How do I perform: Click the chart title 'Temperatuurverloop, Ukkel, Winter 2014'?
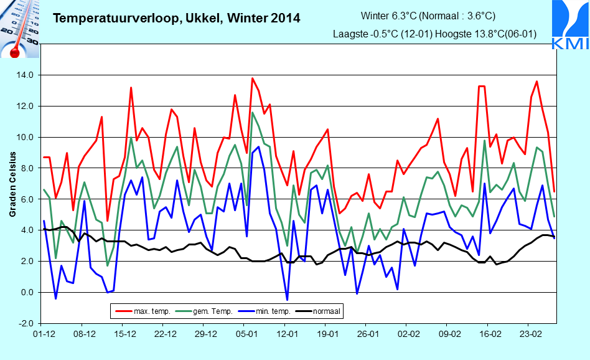point(177,18)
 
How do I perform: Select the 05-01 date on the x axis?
point(246,334)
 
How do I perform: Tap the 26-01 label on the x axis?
point(368,334)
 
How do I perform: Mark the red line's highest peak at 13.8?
point(253,78)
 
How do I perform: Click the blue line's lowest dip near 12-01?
point(287,300)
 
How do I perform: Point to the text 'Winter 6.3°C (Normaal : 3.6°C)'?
point(428,16)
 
